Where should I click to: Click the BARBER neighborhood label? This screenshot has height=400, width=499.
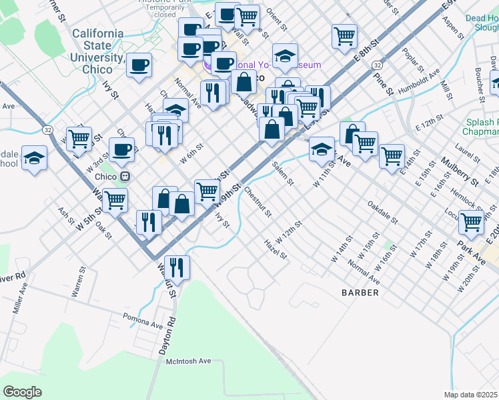tap(360, 293)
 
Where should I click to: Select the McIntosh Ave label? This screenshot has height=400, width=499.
tap(187, 361)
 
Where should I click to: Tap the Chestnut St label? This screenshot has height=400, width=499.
tap(258, 203)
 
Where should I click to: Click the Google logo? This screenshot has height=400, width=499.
tap(22, 392)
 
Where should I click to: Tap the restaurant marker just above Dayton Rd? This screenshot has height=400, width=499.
tap(176, 267)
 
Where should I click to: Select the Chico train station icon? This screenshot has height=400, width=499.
tap(124, 176)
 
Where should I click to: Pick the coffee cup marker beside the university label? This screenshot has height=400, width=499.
tap(139, 65)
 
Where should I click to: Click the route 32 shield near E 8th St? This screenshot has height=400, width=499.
tap(378, 65)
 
